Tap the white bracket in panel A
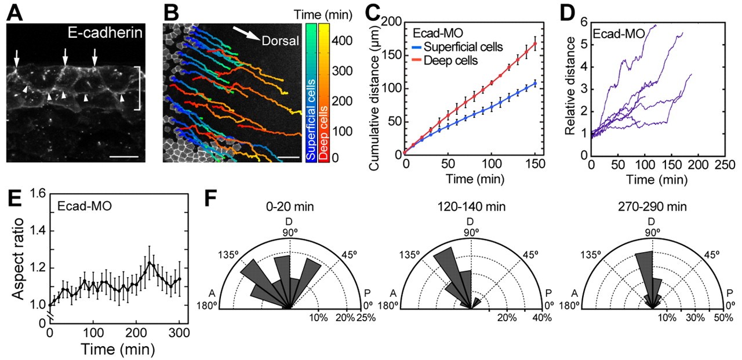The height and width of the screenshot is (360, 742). click(137, 88)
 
